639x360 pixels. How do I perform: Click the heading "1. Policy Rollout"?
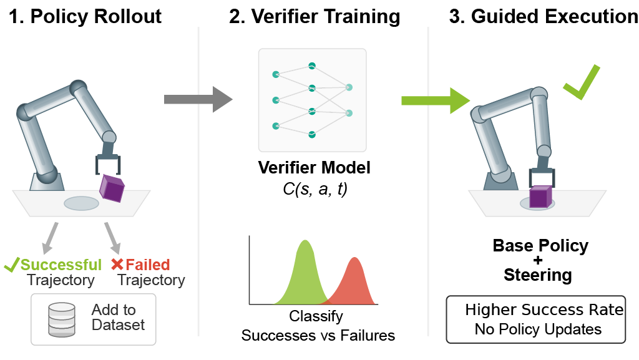[85, 16]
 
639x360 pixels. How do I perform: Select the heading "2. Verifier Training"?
[315, 16]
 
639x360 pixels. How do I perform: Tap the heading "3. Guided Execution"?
[543, 16]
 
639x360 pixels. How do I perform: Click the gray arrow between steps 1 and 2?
[197, 99]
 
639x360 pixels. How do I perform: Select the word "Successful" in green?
[61, 265]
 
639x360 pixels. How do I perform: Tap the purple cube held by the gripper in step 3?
[540, 197]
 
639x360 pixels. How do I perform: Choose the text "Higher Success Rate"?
[544, 310]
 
